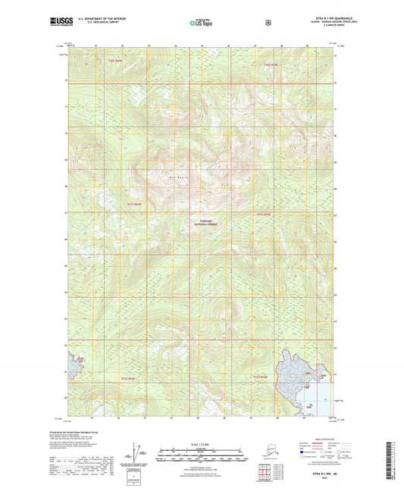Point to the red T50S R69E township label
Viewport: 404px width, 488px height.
(114, 60)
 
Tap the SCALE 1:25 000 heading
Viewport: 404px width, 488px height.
(200, 443)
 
